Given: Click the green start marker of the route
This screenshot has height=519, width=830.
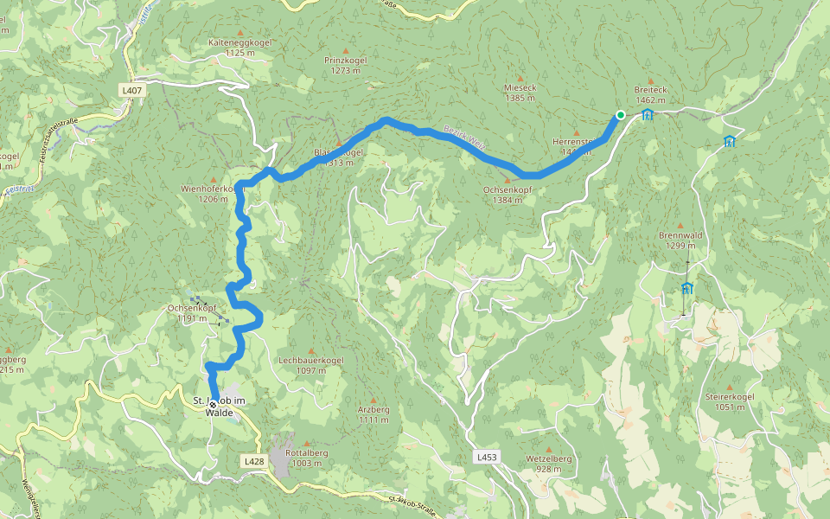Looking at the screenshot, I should pos(620,115).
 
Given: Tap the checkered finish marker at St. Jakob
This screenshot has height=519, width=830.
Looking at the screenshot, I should pos(213,404).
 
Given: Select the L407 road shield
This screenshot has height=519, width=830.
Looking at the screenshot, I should pos(132,90).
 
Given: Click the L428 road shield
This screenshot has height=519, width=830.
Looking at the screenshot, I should pos(254,462).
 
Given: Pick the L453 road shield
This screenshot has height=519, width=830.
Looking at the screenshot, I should pos(487,456).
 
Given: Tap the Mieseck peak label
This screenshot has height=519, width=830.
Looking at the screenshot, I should pos(520,93).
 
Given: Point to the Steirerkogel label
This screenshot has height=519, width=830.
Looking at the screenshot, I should pos(730,401).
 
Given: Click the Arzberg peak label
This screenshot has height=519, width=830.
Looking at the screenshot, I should pos(373,414).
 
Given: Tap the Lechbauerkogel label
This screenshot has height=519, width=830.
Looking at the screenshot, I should pos(311,364).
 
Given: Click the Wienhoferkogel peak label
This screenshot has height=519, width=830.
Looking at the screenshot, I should pos(209,192).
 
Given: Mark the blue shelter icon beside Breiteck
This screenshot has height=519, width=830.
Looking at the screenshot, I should pos(648,114).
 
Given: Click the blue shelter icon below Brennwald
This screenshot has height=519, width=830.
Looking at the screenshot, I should pos(686,287).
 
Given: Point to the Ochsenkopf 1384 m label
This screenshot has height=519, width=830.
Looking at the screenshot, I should pos(508,195).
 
